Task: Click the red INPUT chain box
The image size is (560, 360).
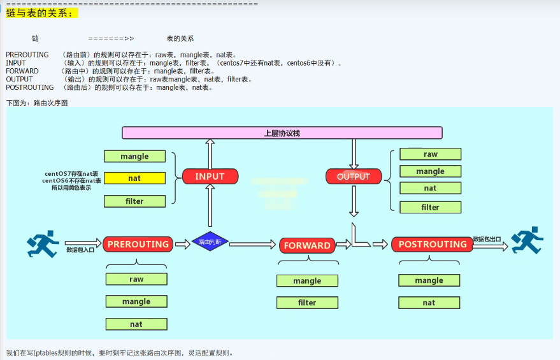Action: [x=210, y=176]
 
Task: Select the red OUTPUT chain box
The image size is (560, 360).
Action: [x=354, y=176]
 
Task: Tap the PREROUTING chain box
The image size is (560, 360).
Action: [x=138, y=244]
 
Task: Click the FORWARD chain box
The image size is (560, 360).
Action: [x=307, y=245]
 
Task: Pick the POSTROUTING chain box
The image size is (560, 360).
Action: [x=433, y=244]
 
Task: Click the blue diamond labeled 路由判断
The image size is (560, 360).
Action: [x=210, y=242]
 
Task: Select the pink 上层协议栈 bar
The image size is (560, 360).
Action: [x=282, y=133]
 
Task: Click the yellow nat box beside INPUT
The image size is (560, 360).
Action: [x=134, y=178]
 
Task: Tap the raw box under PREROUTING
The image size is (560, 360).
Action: [x=136, y=279]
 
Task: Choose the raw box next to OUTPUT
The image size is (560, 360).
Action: [x=430, y=154]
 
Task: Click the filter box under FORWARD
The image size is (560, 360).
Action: [x=307, y=303]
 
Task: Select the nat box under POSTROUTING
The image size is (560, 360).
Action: [x=429, y=303]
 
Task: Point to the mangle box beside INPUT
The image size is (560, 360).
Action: [x=134, y=156]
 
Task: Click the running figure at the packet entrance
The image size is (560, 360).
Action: [x=43, y=243]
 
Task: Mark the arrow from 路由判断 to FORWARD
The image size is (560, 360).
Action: [x=252, y=245]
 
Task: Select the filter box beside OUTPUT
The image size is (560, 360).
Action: [x=430, y=207]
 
